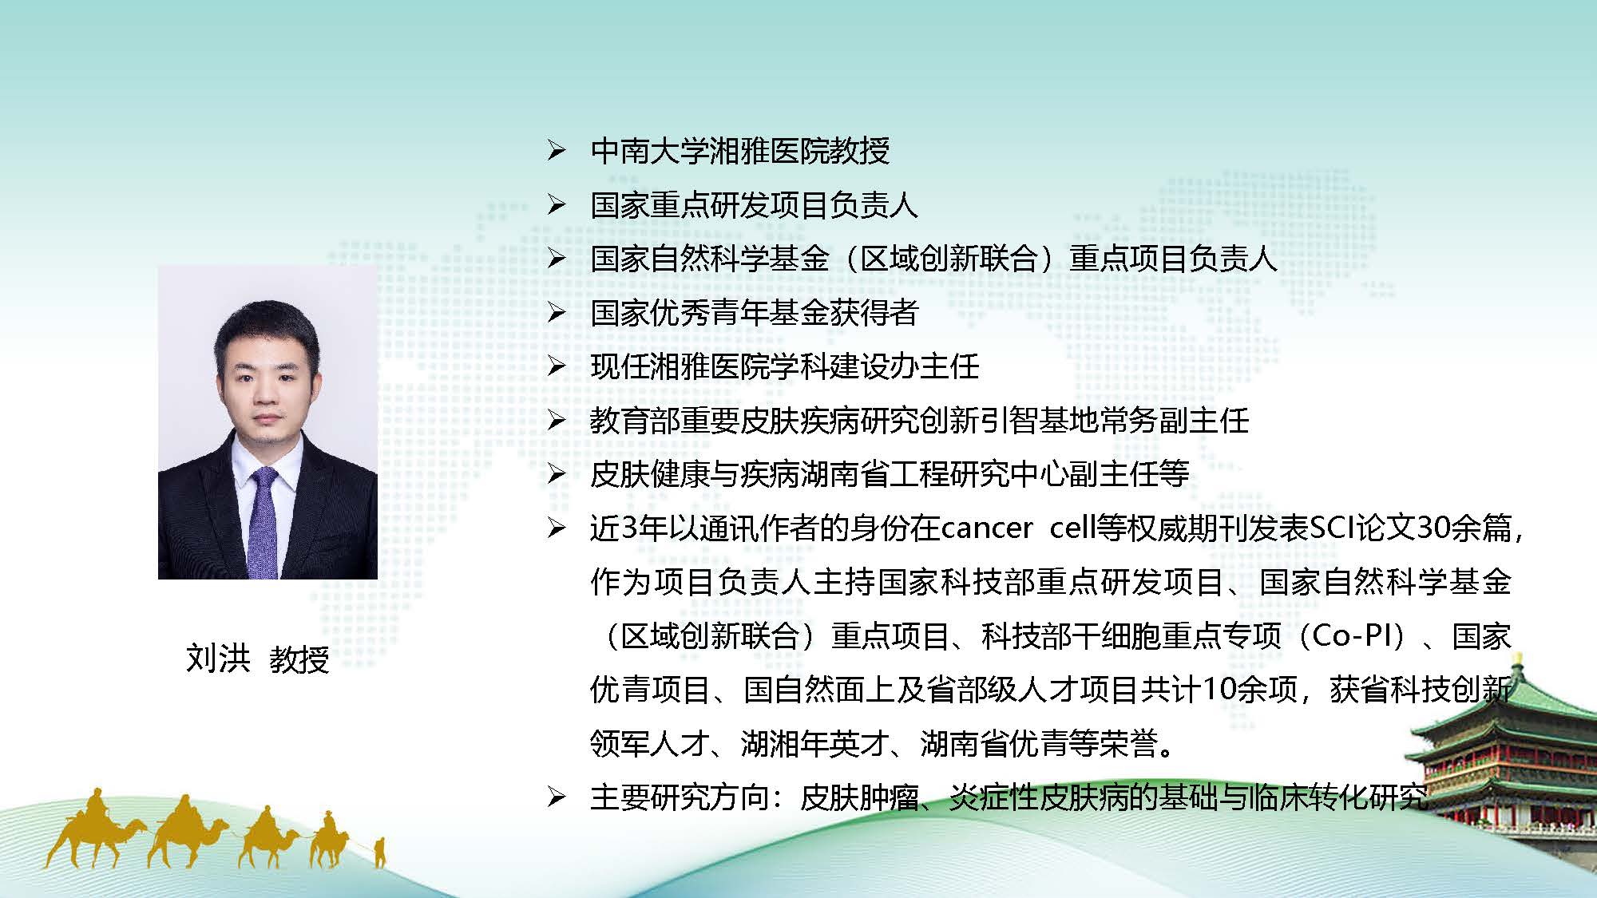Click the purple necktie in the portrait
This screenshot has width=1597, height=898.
264,523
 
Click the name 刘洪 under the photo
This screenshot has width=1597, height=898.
218,659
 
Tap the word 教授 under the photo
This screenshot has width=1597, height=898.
299,659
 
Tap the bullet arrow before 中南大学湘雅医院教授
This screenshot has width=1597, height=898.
557,151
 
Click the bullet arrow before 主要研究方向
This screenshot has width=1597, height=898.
557,797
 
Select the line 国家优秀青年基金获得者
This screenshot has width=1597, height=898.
755,313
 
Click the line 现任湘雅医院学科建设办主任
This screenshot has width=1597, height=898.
785,367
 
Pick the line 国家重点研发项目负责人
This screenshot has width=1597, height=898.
755,205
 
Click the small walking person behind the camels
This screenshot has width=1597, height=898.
380,852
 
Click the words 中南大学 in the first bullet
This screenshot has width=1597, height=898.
650,151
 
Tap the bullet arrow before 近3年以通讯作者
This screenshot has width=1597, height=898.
557,528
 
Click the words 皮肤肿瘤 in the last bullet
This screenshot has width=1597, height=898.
859,797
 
